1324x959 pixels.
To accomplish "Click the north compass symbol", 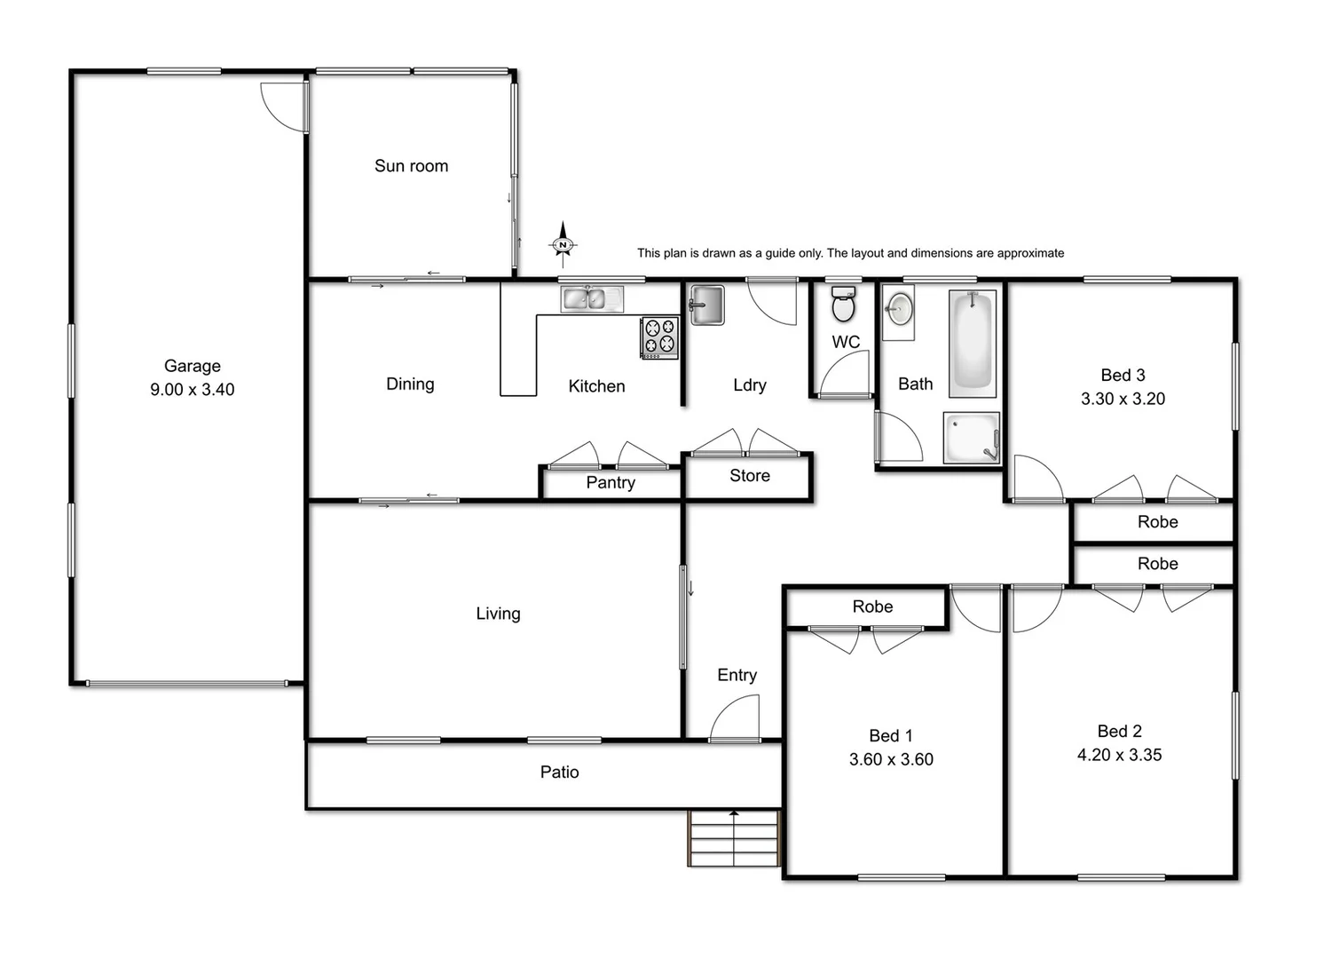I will [x=563, y=244].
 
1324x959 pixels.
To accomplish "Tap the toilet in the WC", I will [x=843, y=305].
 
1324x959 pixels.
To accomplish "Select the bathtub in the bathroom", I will [x=973, y=343].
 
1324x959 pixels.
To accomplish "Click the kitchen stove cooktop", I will [x=659, y=337].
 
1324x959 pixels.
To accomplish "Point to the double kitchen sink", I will [x=592, y=299].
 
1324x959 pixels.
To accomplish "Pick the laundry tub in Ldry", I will [x=707, y=305].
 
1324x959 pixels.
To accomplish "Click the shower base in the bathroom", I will [x=971, y=438].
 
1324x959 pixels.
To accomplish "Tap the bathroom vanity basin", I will [x=899, y=310].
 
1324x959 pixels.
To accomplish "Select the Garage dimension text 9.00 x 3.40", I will [x=193, y=390].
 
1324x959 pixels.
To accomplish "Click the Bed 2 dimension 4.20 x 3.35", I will [x=1119, y=755].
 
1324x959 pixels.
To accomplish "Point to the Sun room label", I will [x=411, y=166].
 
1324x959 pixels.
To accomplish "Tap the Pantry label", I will [x=611, y=483].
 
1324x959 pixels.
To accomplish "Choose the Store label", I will [x=750, y=476].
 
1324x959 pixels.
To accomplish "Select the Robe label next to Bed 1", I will [x=872, y=606].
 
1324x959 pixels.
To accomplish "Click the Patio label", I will [x=559, y=773].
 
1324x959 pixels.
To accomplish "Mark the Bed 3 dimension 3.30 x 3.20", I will [x=1123, y=399].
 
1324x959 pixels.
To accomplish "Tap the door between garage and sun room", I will [x=284, y=105].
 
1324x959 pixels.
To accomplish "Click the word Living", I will [x=498, y=614].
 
